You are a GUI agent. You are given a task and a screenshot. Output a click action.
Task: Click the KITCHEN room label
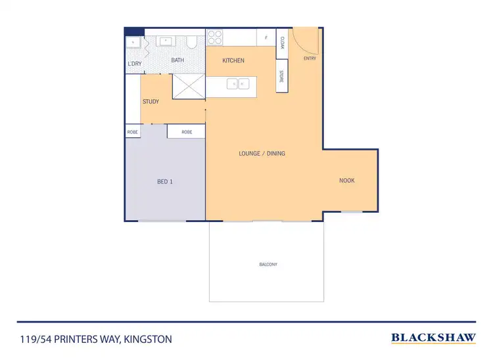click(x=233, y=60)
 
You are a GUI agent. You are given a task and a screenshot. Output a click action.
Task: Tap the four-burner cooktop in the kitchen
click(x=214, y=37)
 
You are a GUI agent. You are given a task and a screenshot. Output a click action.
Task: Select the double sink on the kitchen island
click(x=237, y=83)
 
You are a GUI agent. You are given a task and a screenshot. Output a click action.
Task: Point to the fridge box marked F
click(x=266, y=37)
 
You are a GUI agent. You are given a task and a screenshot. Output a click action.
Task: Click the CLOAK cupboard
click(x=281, y=43)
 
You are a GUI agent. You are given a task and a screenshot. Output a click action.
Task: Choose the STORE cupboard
click(x=281, y=76)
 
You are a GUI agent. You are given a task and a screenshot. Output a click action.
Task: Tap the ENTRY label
click(x=310, y=58)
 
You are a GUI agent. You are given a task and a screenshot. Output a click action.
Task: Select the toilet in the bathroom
click(x=191, y=43)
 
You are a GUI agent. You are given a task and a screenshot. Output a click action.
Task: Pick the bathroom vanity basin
click(x=166, y=41)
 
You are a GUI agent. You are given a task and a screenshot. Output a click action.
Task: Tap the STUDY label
click(x=151, y=101)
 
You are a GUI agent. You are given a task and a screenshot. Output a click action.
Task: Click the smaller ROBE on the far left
click(x=132, y=131)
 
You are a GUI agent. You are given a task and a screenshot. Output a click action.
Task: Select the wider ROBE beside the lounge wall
click(x=187, y=131)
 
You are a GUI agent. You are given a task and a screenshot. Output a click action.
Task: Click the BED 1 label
click(x=164, y=181)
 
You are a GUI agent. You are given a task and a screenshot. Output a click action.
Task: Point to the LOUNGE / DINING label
click(x=262, y=153)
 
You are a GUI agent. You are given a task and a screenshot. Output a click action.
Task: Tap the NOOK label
click(x=346, y=180)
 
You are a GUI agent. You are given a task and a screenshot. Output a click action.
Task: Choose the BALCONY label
click(x=268, y=264)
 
